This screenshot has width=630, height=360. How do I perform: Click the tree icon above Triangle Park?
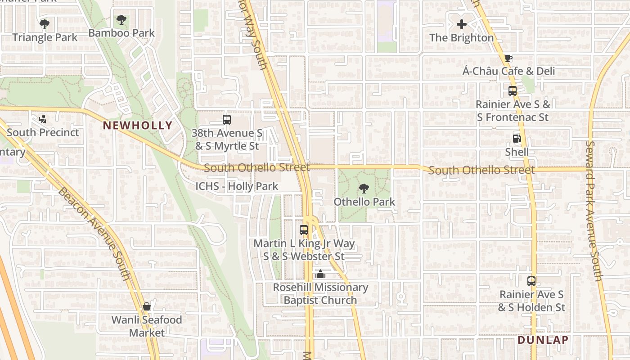pos(44,24)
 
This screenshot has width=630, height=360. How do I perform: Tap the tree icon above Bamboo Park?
pos(121,20)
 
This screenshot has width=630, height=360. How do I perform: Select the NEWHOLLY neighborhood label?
pos(137,126)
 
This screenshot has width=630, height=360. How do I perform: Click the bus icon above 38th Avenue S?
pos(227,120)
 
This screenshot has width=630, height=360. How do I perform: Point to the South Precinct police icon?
pos(42,119)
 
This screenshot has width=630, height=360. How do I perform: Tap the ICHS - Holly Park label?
pos(237,186)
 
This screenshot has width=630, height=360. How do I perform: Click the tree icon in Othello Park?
pos(364,189)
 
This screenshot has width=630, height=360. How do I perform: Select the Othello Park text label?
pos(364,202)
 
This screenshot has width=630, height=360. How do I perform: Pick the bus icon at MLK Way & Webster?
pos(304,230)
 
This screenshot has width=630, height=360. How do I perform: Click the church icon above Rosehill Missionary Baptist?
pos(320,274)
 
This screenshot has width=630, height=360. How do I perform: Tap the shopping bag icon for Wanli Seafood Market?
pos(146,306)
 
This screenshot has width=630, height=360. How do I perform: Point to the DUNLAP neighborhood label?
pos(543,340)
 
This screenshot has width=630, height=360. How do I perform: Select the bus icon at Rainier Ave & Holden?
pos(531,281)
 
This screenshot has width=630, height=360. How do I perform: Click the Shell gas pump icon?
pos(517,139)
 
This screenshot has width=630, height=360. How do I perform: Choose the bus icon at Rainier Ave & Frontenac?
pos(513,91)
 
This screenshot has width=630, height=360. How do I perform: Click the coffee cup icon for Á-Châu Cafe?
pos(508,58)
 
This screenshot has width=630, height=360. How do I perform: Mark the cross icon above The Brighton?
pos(462,24)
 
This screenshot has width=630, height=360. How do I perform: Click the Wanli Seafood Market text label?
pos(147,326)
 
